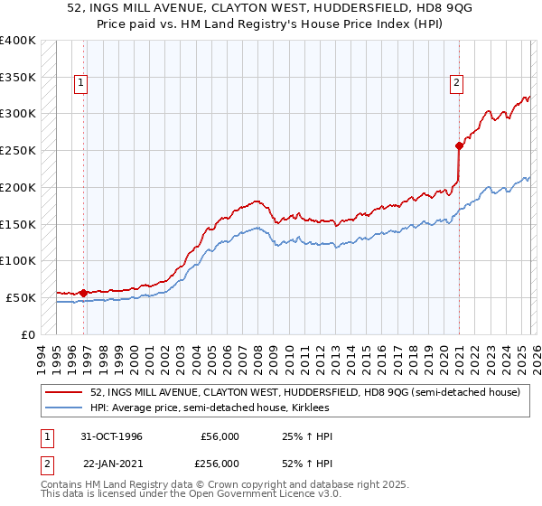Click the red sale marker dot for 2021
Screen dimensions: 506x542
pos(459,145)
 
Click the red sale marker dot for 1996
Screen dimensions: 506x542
pos(84,293)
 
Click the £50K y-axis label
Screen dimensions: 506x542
pos(20,297)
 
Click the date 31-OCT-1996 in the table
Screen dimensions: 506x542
pos(111,436)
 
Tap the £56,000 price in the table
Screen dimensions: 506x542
pos(220,436)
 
